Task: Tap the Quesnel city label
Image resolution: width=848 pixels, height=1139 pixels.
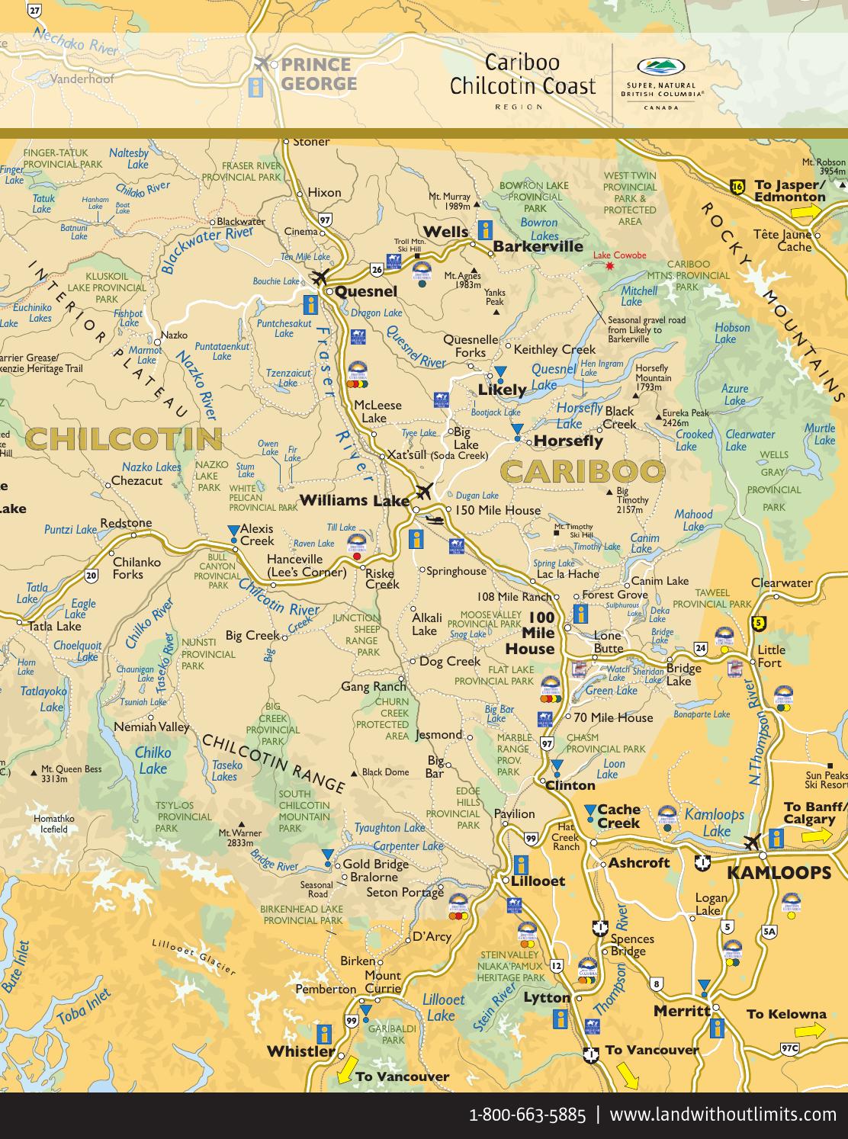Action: pyautogui.click(x=366, y=291)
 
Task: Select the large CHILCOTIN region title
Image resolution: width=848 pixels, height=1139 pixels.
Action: pyautogui.click(x=124, y=439)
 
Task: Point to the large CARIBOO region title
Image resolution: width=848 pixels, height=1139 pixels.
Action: pyautogui.click(x=583, y=471)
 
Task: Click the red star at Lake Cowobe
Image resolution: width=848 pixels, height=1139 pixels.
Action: pyautogui.click(x=609, y=266)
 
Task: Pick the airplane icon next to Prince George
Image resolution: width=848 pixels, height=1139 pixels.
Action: pyautogui.click(x=263, y=63)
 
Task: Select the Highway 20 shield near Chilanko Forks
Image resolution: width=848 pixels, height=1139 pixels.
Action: pyautogui.click(x=92, y=575)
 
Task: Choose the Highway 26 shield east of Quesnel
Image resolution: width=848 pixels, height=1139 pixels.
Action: pyautogui.click(x=377, y=268)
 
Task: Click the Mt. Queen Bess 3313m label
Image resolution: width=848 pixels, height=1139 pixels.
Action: pyautogui.click(x=71, y=774)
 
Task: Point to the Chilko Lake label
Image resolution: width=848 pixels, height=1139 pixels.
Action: pyautogui.click(x=153, y=760)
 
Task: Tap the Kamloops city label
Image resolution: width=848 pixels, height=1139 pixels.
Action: pyautogui.click(x=778, y=873)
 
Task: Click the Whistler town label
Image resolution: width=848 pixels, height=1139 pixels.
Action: pyautogui.click(x=300, y=1051)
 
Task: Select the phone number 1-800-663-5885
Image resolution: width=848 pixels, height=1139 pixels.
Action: pyautogui.click(x=527, y=1115)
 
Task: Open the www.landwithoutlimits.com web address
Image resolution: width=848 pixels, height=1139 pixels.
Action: pyautogui.click(x=723, y=1115)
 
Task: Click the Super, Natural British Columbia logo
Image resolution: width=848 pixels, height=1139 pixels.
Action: pyautogui.click(x=662, y=83)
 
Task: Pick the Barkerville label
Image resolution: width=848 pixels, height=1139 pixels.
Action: pyautogui.click(x=538, y=246)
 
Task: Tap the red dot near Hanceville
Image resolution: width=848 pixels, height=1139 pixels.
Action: pyautogui.click(x=357, y=557)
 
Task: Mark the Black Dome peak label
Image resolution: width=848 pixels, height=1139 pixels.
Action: pyautogui.click(x=385, y=772)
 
